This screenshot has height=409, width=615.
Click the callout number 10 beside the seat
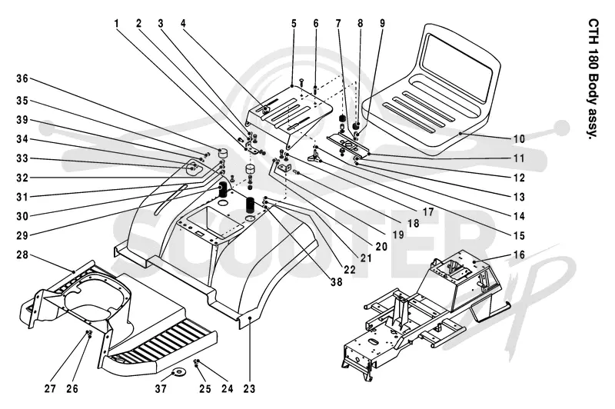point(519,139)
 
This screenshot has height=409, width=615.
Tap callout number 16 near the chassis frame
point(519,255)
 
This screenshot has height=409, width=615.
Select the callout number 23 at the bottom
point(249,388)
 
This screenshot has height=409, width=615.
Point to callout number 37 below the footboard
point(161,388)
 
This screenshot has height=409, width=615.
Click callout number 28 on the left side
point(22,255)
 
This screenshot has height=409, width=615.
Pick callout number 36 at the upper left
point(22,78)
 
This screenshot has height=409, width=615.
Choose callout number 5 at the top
point(294,24)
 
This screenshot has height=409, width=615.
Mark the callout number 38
point(336,281)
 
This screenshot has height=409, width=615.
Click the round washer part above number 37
point(180,371)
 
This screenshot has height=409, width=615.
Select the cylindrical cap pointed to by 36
point(224,151)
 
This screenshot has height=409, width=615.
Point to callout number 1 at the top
point(117,24)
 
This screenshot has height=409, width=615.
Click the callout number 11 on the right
point(519,158)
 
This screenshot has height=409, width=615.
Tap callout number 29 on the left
point(22,236)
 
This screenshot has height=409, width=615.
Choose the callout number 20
point(381,246)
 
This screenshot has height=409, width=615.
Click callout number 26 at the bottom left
point(72,388)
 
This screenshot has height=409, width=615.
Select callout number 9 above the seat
point(382,24)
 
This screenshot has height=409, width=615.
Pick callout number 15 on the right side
point(519,236)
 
